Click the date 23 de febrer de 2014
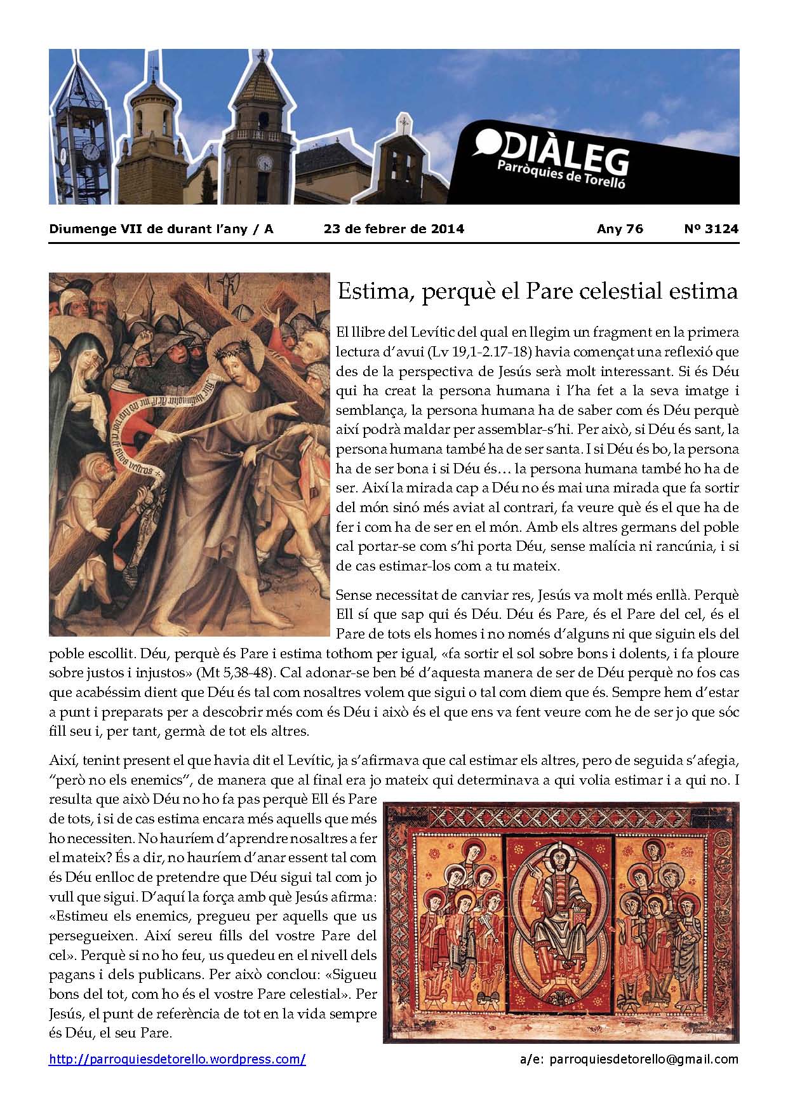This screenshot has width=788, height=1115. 394,229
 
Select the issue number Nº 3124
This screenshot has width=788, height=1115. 716,229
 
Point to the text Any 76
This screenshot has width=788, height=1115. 620,229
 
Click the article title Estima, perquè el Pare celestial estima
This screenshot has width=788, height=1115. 537,292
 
